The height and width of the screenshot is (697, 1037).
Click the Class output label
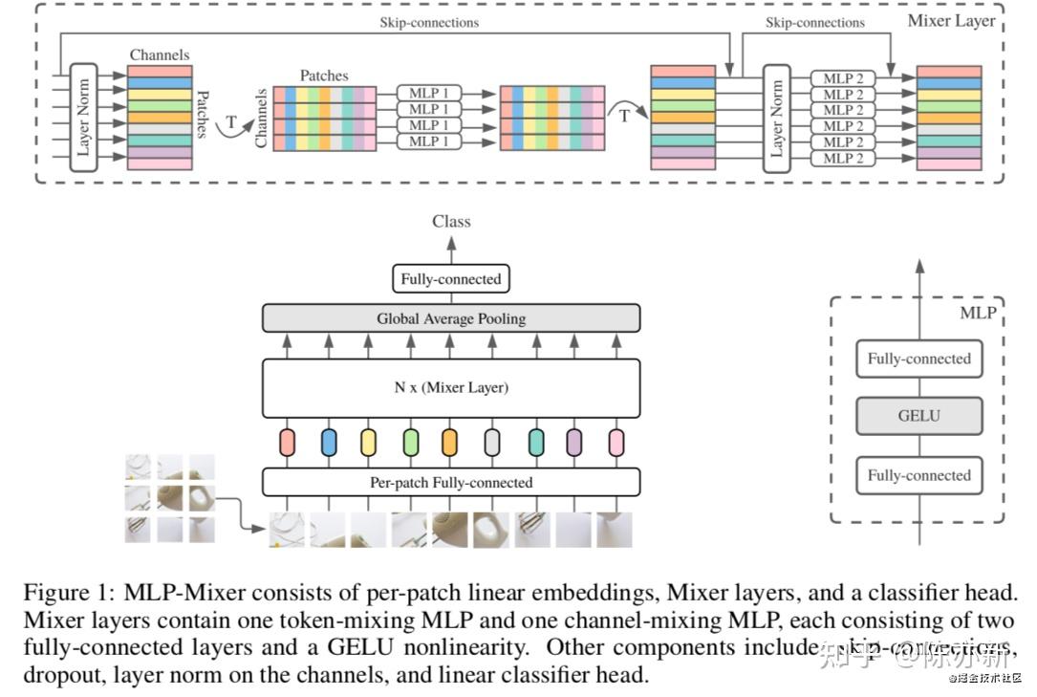pyautogui.click(x=451, y=221)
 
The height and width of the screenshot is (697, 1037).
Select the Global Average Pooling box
pyautogui.click(x=451, y=318)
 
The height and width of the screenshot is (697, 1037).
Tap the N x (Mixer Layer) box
pyautogui.click(x=451, y=388)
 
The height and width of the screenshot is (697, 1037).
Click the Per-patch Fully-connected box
pyautogui.click(x=451, y=482)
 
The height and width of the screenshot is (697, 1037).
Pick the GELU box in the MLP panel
pyautogui.click(x=918, y=416)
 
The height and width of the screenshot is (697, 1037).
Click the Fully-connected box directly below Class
pyautogui.click(x=451, y=279)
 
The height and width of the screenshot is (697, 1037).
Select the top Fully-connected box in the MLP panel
pyautogui.click(x=918, y=359)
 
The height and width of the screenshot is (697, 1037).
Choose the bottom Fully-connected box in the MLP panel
pyautogui.click(x=918, y=475)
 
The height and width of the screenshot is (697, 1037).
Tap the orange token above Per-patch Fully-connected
pyautogui.click(x=450, y=442)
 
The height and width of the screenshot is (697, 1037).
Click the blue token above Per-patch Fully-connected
pyautogui.click(x=329, y=442)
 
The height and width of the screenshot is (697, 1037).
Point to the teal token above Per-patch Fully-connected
pyautogui.click(x=536, y=442)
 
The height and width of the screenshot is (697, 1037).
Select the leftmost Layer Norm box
pyautogui.click(x=84, y=117)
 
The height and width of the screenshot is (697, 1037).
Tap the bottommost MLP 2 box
pyautogui.click(x=844, y=158)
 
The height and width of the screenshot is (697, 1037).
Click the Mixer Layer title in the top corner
pyautogui.click(x=951, y=20)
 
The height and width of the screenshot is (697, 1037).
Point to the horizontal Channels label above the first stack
pyautogui.click(x=159, y=55)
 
